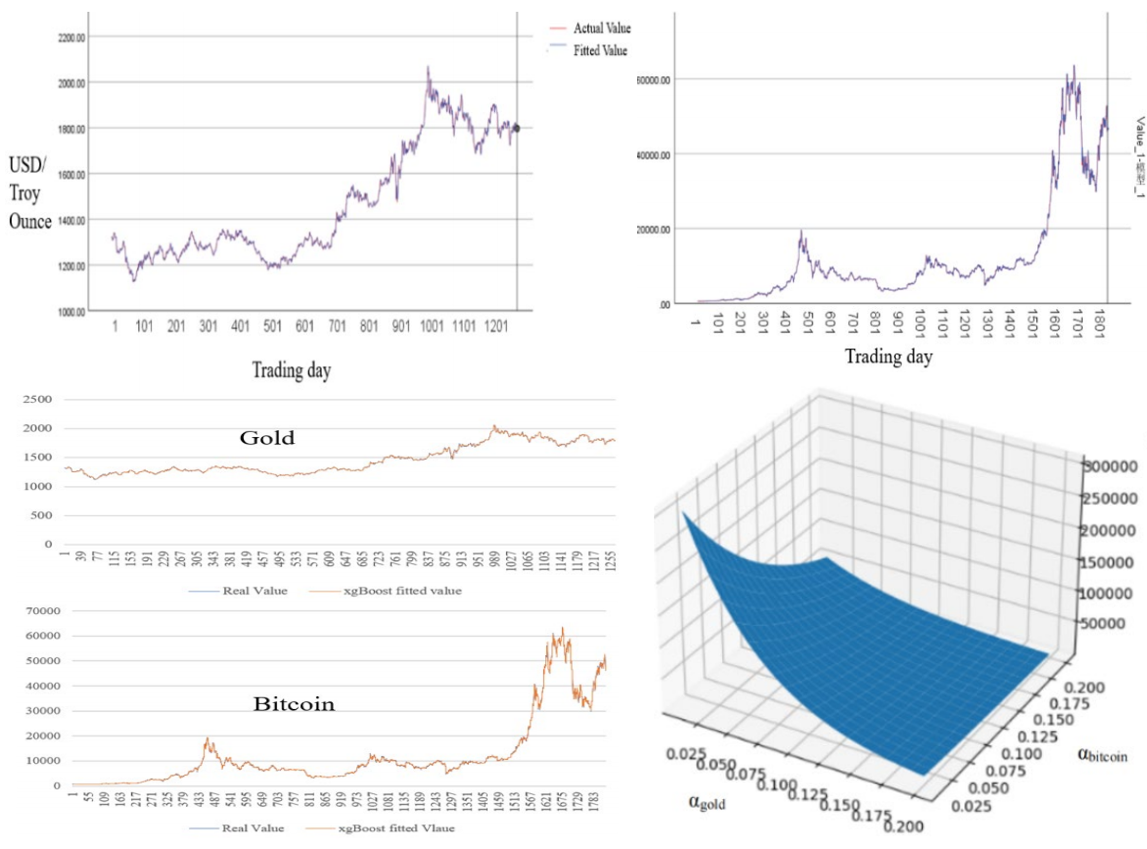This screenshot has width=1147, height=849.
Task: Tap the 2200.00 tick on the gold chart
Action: point(71,38)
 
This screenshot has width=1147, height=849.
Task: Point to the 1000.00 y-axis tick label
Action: point(71,312)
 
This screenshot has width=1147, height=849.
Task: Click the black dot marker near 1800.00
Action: point(516,128)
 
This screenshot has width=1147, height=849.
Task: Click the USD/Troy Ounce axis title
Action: point(30,193)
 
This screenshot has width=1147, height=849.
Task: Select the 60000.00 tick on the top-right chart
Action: point(653,80)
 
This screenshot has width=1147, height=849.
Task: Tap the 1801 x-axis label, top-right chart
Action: point(1099,323)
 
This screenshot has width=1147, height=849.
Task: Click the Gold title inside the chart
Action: point(267,438)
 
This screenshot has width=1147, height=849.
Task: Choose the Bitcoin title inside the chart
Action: point(294,704)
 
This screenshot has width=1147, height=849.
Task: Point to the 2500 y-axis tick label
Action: point(37,399)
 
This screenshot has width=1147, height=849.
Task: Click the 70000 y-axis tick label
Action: point(43,611)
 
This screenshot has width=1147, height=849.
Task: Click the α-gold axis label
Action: point(706,802)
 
